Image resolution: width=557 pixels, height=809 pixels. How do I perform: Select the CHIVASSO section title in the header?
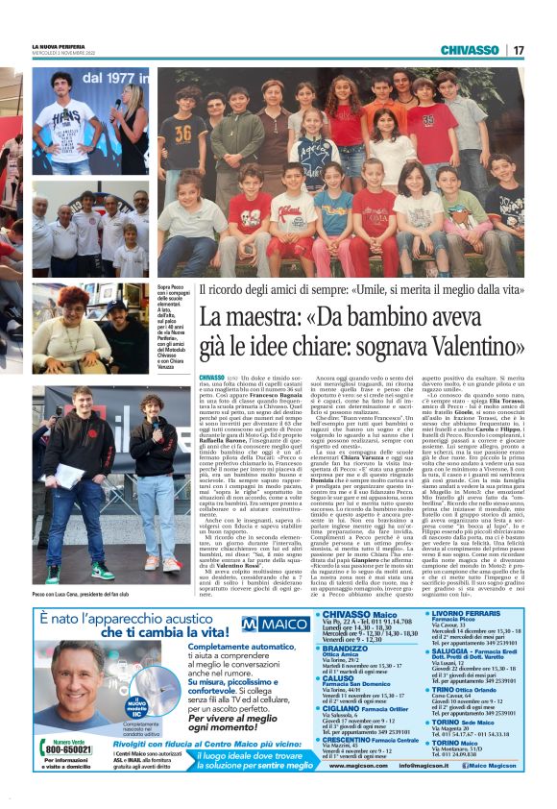click(x=472, y=50)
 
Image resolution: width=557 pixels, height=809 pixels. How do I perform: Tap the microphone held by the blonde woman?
click(x=119, y=103)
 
